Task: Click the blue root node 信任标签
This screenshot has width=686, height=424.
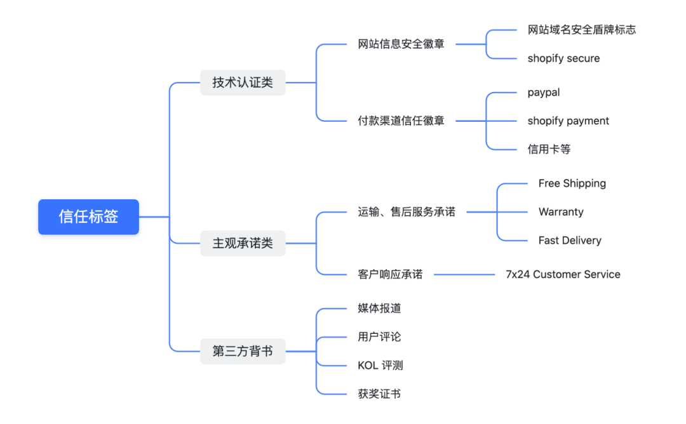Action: pyautogui.click(x=88, y=217)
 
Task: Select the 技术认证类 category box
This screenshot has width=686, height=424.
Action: pyautogui.click(x=243, y=83)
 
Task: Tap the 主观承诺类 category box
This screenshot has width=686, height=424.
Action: pyautogui.click(x=243, y=243)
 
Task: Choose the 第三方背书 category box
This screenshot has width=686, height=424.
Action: pyautogui.click(x=243, y=351)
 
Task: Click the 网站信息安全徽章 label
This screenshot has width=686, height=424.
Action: pyautogui.click(x=401, y=44)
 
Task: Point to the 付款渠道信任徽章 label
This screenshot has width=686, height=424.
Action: pyautogui.click(x=401, y=121)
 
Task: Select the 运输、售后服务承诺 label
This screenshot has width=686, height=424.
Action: pyautogui.click(x=407, y=212)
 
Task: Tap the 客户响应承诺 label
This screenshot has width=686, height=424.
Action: pyautogui.click(x=390, y=274)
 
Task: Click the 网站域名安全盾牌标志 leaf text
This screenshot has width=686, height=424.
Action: pyautogui.click(x=581, y=30)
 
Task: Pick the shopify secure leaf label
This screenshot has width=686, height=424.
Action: pyautogui.click(x=563, y=58)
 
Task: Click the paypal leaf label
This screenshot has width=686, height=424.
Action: pyautogui.click(x=544, y=93)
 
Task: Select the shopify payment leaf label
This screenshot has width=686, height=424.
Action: pyautogui.click(x=568, y=121)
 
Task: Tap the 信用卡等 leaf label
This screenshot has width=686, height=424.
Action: pyautogui.click(x=549, y=149)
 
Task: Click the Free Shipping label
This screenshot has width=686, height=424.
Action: pyautogui.click(x=572, y=183)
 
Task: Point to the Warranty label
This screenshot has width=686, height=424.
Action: pyautogui.click(x=561, y=212)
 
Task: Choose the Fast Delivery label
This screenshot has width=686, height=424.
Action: pyautogui.click(x=570, y=241)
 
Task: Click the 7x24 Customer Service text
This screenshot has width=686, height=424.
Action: pyautogui.click(x=563, y=274)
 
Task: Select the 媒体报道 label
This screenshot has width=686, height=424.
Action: pyautogui.click(x=379, y=308)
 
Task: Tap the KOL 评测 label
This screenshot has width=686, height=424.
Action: pyautogui.click(x=380, y=366)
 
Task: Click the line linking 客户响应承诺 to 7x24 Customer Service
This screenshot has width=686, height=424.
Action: pyautogui.click(x=464, y=275)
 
